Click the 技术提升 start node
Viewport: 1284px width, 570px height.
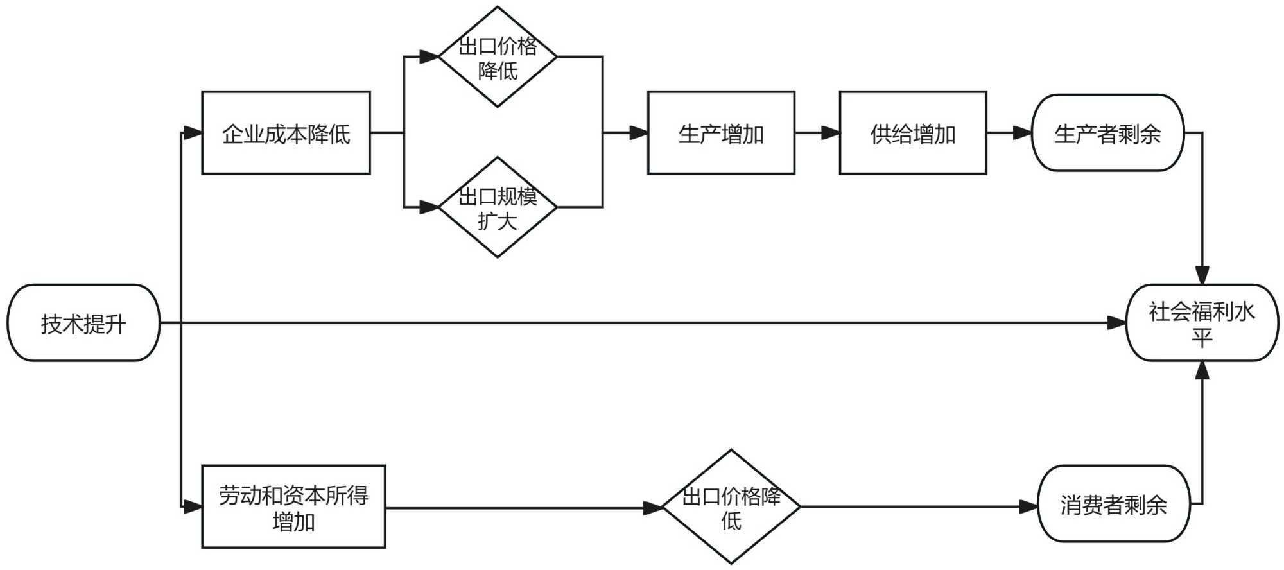coord(83,323)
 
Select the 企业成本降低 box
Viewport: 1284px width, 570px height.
coord(286,133)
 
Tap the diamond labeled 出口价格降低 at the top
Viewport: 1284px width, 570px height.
coord(498,57)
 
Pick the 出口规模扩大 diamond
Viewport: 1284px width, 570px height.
coord(498,207)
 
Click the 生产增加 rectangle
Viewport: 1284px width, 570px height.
coord(721,133)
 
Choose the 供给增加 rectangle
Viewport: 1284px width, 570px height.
coord(912,133)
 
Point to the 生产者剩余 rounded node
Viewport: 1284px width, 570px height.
coord(1107,133)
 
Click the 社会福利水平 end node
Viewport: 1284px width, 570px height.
coord(1202,323)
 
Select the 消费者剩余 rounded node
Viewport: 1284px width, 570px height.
coord(1113,504)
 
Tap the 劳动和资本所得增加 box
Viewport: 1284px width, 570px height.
coord(293,507)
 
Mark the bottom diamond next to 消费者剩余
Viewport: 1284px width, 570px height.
coord(731,507)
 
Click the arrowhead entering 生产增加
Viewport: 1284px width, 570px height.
coord(639,133)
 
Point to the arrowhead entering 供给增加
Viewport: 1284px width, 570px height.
coord(831,133)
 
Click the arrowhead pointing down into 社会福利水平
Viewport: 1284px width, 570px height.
coord(1202,275)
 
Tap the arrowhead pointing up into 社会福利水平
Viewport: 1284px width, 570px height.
coord(1202,370)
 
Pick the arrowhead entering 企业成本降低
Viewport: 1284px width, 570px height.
coord(193,133)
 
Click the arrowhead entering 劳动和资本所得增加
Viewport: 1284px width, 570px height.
coord(193,507)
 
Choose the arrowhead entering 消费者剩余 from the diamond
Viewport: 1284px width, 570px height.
coord(1029,506)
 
